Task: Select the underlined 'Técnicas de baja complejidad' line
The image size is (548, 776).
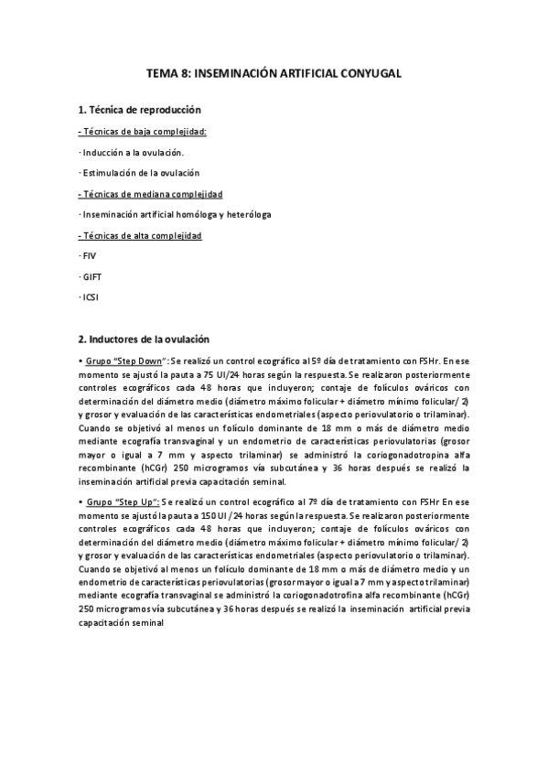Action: tap(143, 131)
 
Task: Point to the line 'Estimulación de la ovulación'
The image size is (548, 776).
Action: tap(139, 173)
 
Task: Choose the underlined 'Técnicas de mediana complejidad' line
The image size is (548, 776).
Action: tap(150, 194)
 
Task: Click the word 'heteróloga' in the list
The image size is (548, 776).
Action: tap(247, 215)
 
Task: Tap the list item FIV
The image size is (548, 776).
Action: tap(89, 257)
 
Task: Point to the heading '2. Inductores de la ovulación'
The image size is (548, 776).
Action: tap(144, 339)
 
